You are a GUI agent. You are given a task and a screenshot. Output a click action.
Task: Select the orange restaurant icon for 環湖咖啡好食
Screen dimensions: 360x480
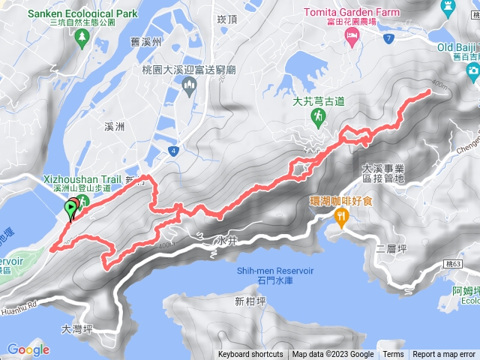[342, 218]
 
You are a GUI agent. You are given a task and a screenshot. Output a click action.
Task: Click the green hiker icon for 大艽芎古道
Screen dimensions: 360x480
[319, 115]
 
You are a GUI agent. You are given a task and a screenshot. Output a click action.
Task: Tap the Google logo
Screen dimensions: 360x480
[28, 349]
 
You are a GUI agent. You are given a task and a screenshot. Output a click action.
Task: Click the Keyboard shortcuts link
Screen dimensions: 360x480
[250, 355]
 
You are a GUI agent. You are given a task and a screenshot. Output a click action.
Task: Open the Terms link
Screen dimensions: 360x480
[393, 355]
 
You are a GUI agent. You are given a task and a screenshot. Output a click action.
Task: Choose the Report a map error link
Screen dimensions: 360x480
[444, 355]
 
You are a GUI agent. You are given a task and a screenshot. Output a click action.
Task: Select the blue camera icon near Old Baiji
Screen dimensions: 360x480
[472, 70]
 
